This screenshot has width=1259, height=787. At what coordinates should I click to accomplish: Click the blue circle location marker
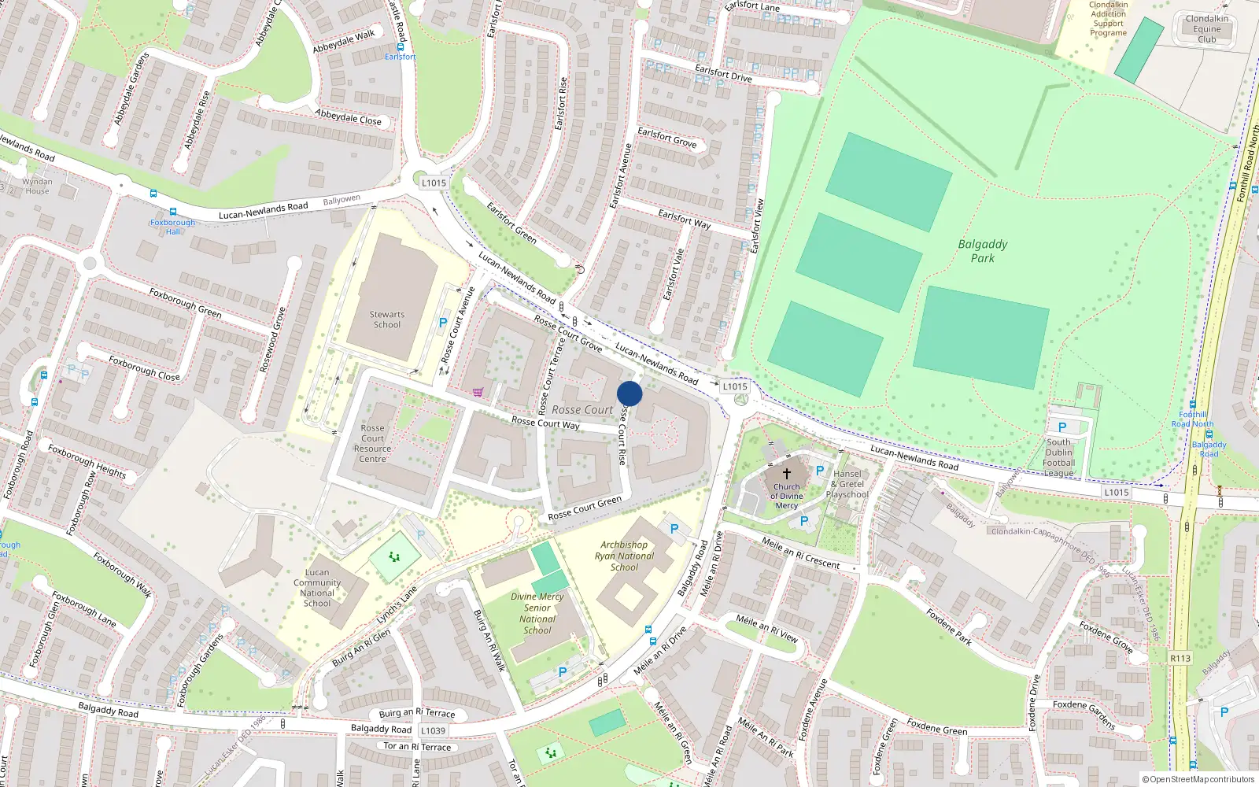(x=629, y=393)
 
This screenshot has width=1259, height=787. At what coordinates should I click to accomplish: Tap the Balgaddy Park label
(x=982, y=251)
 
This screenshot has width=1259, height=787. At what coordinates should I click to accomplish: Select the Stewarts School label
(x=387, y=320)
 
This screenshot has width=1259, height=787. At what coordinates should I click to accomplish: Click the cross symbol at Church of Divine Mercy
(x=786, y=474)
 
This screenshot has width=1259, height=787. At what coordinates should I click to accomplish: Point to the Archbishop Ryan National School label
(x=624, y=556)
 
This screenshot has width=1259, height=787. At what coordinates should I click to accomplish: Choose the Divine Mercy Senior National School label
(x=537, y=613)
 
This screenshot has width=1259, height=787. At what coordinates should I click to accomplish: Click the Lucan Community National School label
(x=317, y=588)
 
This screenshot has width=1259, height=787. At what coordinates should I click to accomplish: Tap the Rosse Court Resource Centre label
(x=373, y=444)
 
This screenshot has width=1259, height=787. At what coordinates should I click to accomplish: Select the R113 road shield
(x=1180, y=658)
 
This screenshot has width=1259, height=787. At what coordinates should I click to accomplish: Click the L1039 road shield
(x=433, y=730)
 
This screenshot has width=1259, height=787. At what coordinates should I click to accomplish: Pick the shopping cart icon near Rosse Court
(x=478, y=392)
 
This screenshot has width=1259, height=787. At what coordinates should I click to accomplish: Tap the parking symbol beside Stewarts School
(x=443, y=323)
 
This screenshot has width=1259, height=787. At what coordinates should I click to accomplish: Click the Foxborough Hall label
(x=173, y=227)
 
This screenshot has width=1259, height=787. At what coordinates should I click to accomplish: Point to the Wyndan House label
(x=37, y=186)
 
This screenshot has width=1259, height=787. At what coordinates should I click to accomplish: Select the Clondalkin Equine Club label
(x=1207, y=29)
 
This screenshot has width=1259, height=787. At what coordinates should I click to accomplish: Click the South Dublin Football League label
(x=1059, y=457)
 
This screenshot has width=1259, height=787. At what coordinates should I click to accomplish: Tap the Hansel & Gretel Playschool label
(x=847, y=484)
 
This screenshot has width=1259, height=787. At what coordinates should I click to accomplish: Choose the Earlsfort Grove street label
(x=667, y=138)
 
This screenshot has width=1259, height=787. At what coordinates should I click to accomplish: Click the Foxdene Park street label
(x=948, y=627)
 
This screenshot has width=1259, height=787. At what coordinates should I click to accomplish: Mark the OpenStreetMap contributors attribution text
(x=1198, y=779)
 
